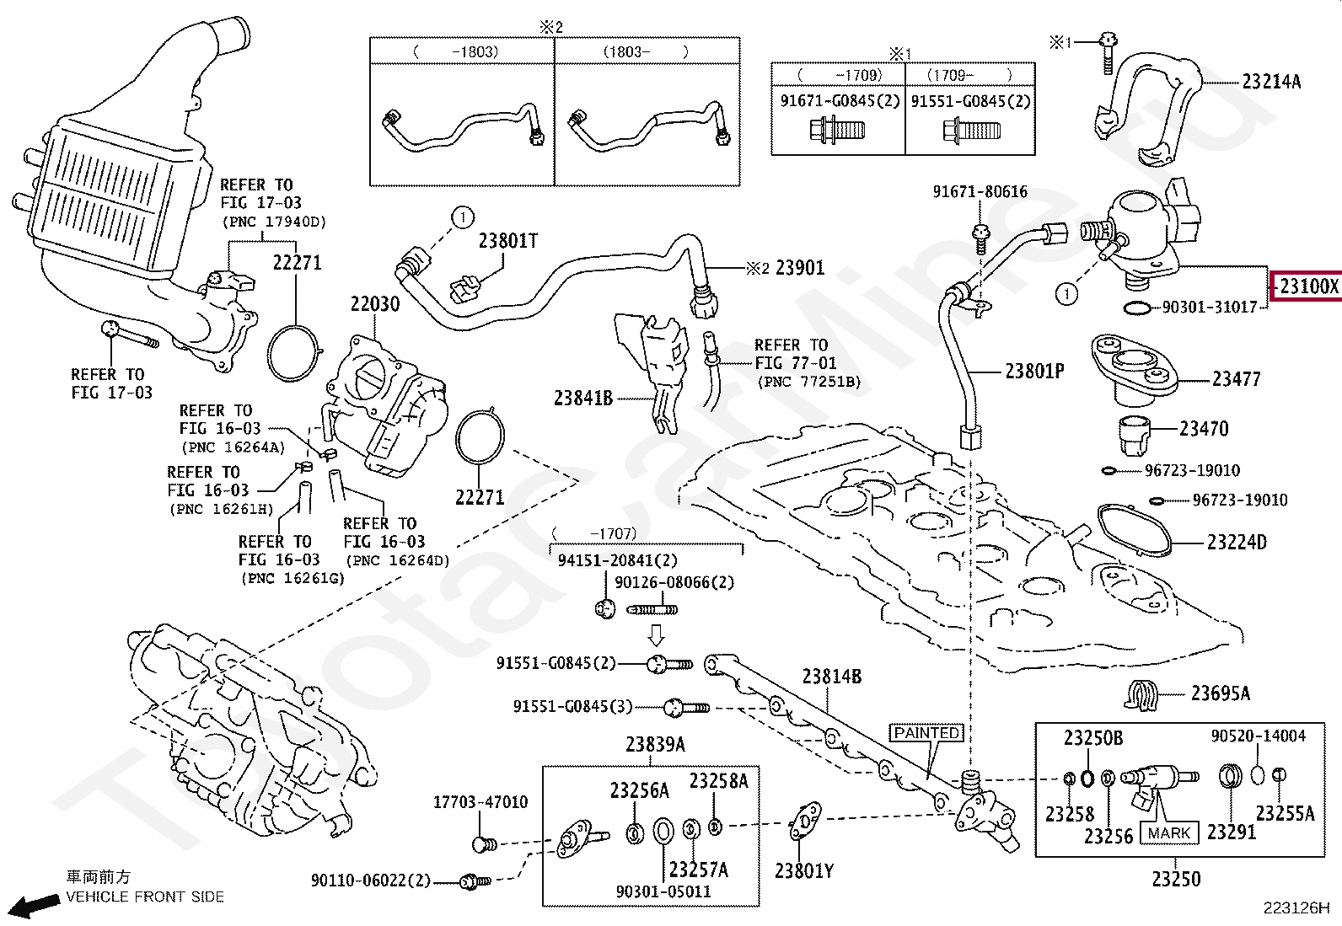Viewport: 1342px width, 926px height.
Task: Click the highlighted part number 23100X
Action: [x=1308, y=286]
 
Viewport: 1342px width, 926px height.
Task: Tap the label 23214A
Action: [x=1271, y=82]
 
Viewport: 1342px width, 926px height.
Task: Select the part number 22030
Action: [x=375, y=304]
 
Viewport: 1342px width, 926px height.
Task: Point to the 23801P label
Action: [x=1034, y=372]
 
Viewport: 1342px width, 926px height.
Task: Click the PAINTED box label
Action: [x=926, y=733]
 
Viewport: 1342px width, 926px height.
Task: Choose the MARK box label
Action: [x=1169, y=833]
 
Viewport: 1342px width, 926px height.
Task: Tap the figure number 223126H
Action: [x=1296, y=908]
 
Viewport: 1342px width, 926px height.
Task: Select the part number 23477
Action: [x=1236, y=379]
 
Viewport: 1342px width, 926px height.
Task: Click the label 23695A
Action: [x=1221, y=693]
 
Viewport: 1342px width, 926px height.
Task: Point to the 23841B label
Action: [x=583, y=399]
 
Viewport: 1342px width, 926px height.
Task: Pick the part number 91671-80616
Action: [x=980, y=191]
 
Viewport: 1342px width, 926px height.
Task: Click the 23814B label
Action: [x=831, y=677]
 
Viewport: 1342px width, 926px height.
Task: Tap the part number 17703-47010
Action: [x=480, y=802]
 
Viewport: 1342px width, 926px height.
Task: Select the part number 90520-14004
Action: [x=1258, y=736]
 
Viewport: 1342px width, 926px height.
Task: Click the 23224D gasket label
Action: [x=1237, y=543]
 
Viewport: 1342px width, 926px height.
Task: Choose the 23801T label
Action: [x=508, y=241]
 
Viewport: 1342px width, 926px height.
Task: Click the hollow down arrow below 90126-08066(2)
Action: [x=657, y=635]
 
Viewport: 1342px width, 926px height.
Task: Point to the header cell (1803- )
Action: [x=646, y=51]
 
